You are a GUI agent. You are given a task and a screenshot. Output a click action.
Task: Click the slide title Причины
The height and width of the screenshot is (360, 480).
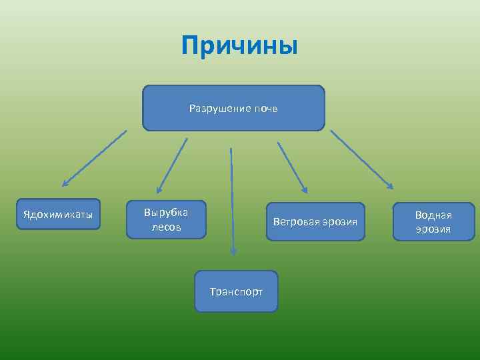[239, 47]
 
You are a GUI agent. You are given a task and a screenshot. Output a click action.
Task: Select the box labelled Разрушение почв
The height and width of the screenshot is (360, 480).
[233, 107]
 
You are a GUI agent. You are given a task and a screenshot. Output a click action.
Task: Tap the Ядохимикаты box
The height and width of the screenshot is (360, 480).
[58, 215]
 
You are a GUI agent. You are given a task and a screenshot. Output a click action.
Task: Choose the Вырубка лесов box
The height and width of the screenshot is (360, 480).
[166, 219]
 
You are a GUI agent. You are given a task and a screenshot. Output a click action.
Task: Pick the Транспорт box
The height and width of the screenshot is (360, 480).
[236, 291]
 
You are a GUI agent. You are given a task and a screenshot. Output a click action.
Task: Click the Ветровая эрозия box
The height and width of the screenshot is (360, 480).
[315, 221]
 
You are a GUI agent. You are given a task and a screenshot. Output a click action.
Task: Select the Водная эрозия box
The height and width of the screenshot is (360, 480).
[433, 221]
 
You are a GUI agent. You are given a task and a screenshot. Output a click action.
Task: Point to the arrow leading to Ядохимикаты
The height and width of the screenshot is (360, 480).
[94, 158]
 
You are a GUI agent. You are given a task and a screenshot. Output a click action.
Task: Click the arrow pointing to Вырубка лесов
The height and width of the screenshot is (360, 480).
[172, 165]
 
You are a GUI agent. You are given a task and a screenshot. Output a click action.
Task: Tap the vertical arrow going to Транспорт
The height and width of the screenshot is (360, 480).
[232, 200]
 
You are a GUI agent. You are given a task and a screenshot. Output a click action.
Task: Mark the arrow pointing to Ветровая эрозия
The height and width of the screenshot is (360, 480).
[292, 167]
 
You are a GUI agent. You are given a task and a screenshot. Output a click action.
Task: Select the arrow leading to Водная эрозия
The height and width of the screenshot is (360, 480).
[361, 159]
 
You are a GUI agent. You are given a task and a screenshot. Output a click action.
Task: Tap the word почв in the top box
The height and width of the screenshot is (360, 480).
[265, 108]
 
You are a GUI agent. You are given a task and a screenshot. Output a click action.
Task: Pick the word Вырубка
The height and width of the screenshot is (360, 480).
[166, 212]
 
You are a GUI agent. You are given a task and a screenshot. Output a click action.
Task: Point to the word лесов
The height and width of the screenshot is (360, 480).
[166, 227]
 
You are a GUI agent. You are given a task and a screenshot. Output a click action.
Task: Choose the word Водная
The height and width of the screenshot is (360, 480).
[433, 215]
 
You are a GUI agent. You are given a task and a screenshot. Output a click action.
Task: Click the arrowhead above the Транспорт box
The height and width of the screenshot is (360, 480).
[233, 251]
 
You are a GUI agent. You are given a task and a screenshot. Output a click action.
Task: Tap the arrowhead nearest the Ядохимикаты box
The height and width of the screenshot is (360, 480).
[65, 183]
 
